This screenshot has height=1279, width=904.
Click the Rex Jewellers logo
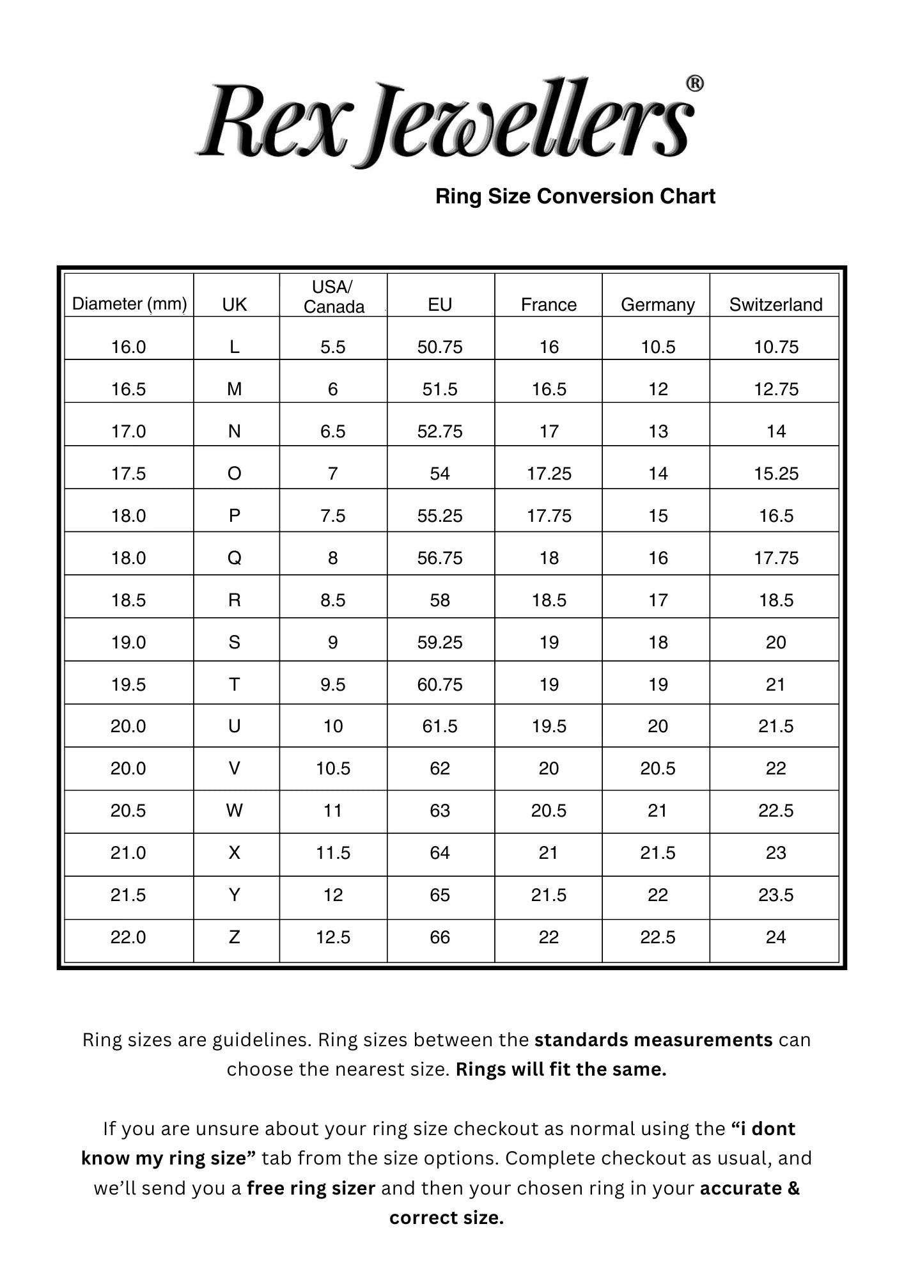[444, 122]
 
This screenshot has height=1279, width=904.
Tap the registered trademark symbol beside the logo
[695, 84]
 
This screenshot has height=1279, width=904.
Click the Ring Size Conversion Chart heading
[575, 196]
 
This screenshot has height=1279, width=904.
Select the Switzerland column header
[775, 304]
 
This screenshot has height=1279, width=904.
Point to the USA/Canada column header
[333, 297]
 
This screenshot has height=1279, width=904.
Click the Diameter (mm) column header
[129, 304]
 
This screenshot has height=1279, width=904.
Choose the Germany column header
[657, 304]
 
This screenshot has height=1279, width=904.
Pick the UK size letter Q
[235, 558]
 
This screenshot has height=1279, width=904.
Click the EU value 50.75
[440, 347]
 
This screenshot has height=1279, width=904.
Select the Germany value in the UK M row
[658, 389]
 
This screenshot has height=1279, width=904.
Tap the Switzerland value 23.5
[775, 895]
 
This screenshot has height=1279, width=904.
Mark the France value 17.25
[549, 473]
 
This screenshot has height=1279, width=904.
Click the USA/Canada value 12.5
[333, 937]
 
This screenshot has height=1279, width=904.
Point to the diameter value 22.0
[129, 937]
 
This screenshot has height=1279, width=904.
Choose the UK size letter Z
[235, 937]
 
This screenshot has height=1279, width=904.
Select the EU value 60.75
[440, 684]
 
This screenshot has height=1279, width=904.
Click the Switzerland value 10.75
[776, 347]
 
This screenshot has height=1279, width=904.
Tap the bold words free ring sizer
[311, 1188]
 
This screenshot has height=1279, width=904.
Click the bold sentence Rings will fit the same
[561, 1069]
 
